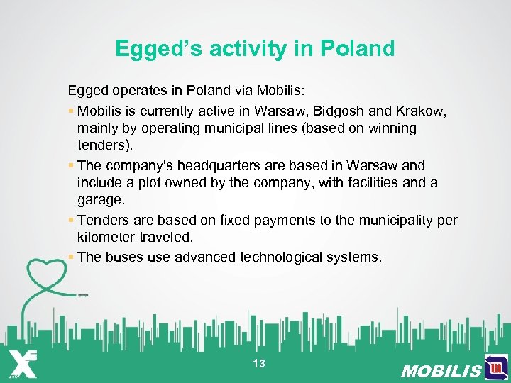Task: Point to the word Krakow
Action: tap(423, 111)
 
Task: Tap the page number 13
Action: tap(258, 364)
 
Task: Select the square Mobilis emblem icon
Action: tap(496, 368)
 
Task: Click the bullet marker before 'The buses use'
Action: tap(72, 257)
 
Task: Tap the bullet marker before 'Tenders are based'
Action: tap(72, 221)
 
